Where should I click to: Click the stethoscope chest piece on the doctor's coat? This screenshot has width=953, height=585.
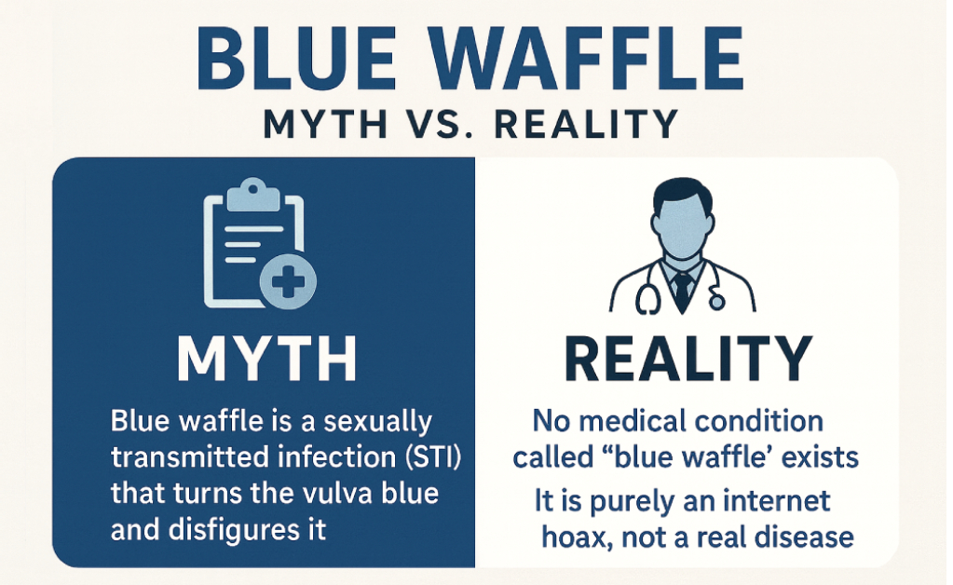click(x=715, y=301)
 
